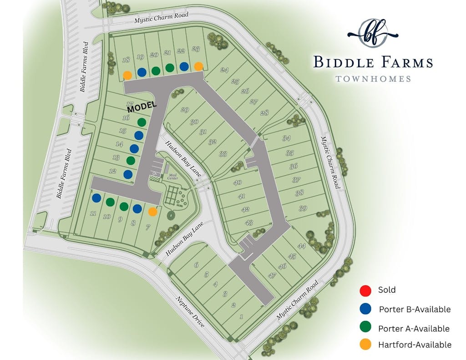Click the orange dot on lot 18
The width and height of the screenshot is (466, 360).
[128, 75]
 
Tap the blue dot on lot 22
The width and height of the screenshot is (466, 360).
[184, 66]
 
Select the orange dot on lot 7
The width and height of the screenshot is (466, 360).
[152, 212]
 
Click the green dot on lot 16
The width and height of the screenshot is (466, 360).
[142, 122]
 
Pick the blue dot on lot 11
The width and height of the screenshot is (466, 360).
[96, 198]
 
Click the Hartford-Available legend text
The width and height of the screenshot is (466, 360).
[415, 345]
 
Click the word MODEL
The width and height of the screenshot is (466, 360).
[142, 106]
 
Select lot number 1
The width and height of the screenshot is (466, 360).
[241, 317]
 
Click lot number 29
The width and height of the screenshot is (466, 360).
[184, 110]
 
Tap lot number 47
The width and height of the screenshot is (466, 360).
[272, 275]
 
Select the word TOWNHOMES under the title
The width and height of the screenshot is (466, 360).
[373, 79]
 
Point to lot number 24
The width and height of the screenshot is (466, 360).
[223, 70]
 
